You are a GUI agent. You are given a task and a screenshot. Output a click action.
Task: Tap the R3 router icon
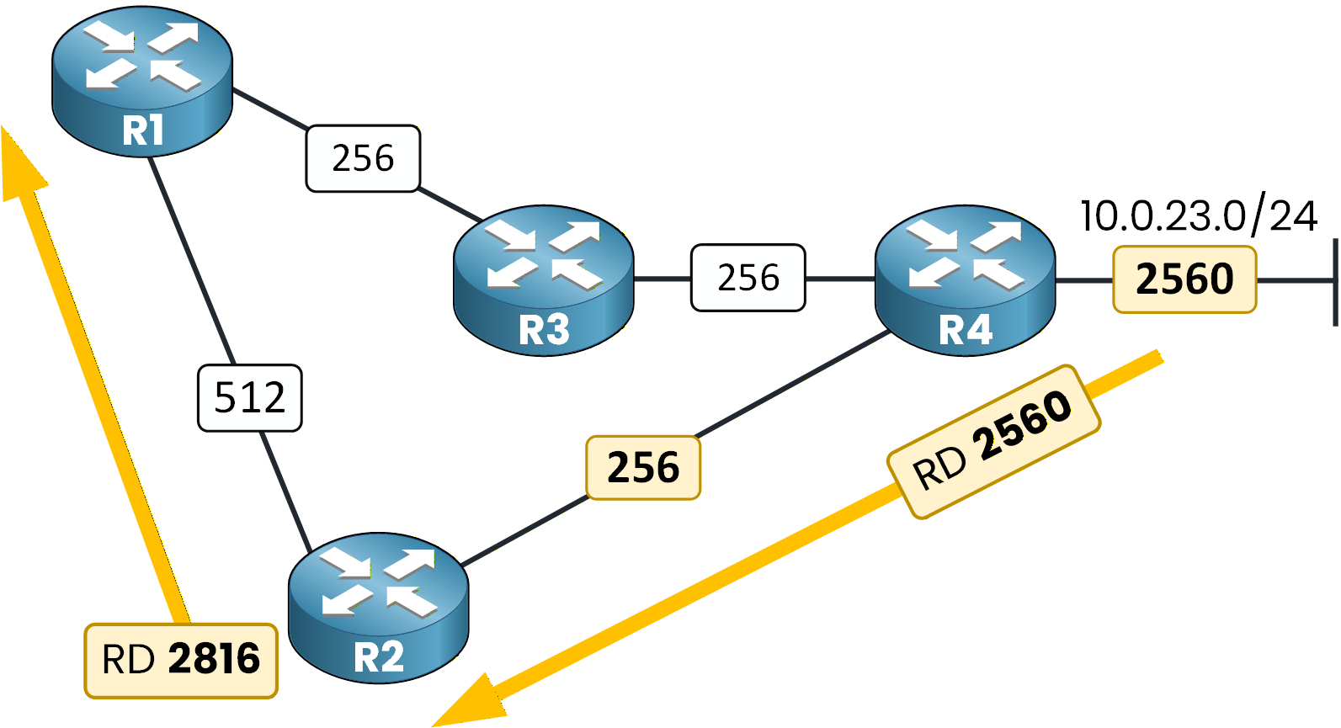pyautogui.click(x=543, y=279)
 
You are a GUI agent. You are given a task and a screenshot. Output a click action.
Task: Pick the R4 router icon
pyautogui.click(x=965, y=279)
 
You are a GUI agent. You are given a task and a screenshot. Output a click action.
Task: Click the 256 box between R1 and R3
pyautogui.click(x=363, y=158)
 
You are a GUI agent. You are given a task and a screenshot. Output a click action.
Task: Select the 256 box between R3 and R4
pyautogui.click(x=748, y=278)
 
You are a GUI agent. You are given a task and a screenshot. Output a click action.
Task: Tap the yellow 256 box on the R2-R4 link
pyautogui.click(x=643, y=467)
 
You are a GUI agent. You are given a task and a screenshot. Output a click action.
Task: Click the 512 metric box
pyautogui.click(x=249, y=397)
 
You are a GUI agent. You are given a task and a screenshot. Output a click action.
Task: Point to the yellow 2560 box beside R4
pyautogui.click(x=1184, y=279)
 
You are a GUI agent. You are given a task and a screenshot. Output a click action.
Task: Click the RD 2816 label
pyautogui.click(x=180, y=660)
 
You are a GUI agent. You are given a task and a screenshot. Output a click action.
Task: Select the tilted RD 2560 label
pyautogui.click(x=993, y=441)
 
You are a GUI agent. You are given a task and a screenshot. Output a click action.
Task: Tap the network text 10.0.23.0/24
pyautogui.click(x=1198, y=215)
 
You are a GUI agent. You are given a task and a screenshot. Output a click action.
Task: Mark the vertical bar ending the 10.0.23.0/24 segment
pyautogui.click(x=1335, y=281)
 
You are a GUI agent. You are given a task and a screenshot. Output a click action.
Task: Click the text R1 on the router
pyautogui.click(x=142, y=130)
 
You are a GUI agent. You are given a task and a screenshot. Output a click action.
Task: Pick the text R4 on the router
pyautogui.click(x=965, y=330)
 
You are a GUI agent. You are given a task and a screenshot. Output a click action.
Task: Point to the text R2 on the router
pyautogui.click(x=378, y=657)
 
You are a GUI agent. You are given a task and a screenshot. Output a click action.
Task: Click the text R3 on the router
pyautogui.click(x=543, y=330)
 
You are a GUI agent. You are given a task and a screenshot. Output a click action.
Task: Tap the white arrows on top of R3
pyautogui.click(x=543, y=252)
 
